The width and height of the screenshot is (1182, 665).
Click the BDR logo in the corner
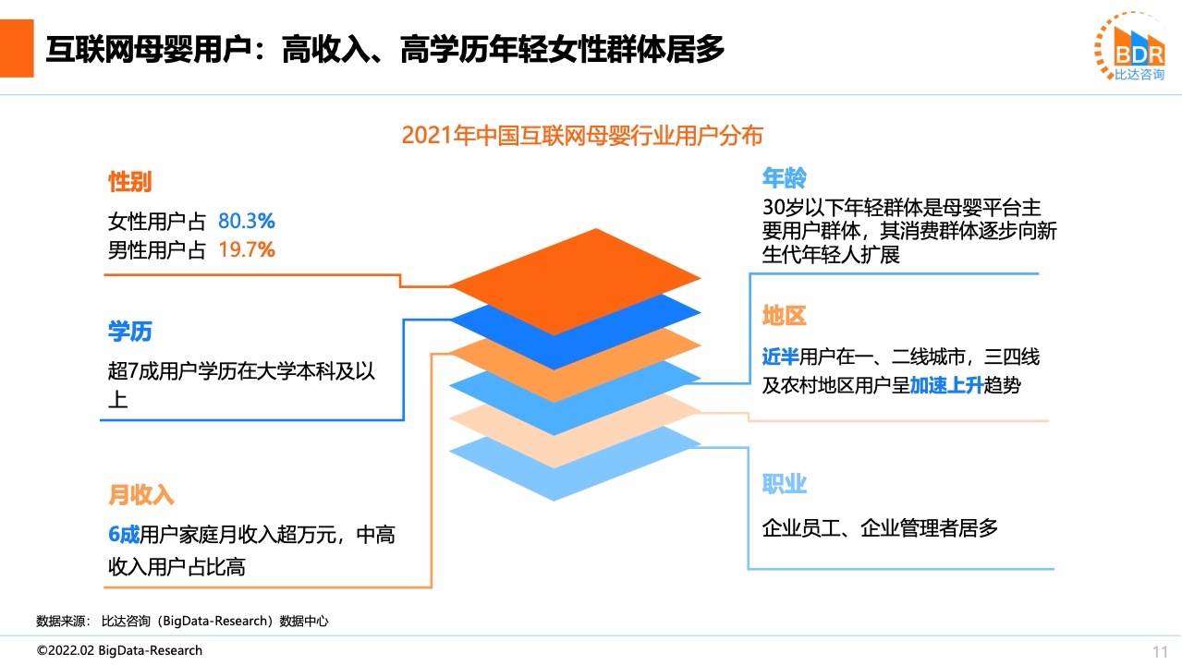pos(1130,46)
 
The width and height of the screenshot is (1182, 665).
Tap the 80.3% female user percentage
pos(247,221)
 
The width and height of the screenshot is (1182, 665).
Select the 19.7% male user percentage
pos(247,249)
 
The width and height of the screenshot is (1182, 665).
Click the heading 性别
pos(129,181)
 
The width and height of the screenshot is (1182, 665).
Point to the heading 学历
pos(129,332)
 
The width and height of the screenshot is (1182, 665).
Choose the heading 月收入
pos(140,495)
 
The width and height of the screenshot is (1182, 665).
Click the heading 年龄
pos(784,177)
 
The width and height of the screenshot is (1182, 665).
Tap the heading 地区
pos(784,315)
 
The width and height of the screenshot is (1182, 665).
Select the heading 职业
pos(784,484)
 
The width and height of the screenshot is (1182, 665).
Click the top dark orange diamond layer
pos(575,282)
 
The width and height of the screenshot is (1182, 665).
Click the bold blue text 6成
pos(124,535)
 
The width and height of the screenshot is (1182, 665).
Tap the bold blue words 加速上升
pos(946,385)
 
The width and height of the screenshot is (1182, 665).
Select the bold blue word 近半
pos(780,357)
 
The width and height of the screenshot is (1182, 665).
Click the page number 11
pos(1160,652)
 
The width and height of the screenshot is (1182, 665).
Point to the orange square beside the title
pos(17,49)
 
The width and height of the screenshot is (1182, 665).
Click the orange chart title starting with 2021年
pos(582,136)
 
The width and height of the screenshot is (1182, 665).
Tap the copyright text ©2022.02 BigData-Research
pos(119,650)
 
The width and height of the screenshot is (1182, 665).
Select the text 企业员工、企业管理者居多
pos(880,528)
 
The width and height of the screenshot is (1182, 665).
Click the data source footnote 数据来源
pos(182,621)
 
